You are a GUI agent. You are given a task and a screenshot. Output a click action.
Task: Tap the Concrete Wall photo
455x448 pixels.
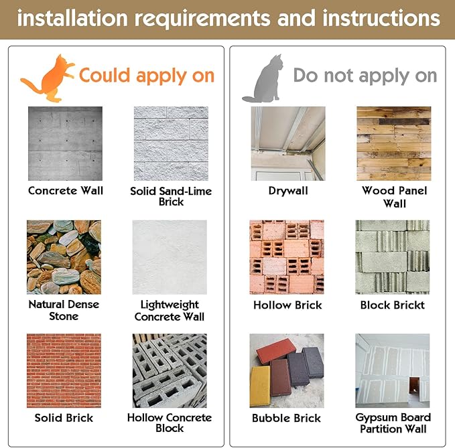65,143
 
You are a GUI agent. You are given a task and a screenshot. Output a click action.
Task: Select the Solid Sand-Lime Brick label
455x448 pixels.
171,196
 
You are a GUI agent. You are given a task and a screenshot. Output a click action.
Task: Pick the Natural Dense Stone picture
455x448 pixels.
64,257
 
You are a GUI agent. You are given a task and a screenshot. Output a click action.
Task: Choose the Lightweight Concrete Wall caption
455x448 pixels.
170,311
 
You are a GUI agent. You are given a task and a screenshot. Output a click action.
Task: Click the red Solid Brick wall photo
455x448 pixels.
64,370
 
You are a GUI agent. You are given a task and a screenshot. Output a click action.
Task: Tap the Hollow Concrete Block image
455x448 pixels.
170,370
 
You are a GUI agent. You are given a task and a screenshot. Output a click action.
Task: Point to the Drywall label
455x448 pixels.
288,191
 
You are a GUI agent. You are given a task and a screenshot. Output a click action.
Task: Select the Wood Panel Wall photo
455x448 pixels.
394,143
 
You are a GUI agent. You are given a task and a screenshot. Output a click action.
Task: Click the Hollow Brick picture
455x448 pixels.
287,257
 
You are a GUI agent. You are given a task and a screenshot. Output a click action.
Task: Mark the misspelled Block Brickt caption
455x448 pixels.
392,305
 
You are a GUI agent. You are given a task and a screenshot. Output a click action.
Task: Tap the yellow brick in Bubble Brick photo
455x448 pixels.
260,386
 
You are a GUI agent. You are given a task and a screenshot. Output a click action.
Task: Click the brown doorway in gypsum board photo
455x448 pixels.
415,386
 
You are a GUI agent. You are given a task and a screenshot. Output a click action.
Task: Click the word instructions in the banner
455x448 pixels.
381,18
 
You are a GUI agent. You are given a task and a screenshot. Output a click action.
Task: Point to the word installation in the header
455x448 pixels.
72,18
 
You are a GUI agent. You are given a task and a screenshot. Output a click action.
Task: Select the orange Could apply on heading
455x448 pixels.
147,76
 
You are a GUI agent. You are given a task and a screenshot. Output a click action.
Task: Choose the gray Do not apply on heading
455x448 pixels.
365,76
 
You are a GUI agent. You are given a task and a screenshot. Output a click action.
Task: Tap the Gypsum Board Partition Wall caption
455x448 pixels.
393,423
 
